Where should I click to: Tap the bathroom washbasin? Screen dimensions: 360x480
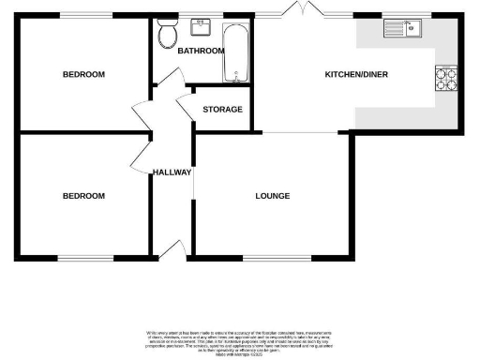click(200, 25)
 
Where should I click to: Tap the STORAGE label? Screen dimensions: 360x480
click(222, 110)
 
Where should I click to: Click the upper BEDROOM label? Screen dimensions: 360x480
click(83, 74)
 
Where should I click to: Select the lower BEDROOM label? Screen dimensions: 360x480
click(83, 196)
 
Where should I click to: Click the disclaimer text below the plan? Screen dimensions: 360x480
click(239, 341)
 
